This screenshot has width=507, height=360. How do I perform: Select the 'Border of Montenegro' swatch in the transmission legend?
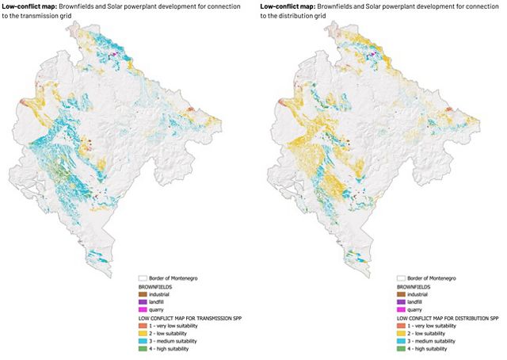143,279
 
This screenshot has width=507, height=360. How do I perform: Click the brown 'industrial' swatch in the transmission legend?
143,295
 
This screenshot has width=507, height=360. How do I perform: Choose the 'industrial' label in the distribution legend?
420,295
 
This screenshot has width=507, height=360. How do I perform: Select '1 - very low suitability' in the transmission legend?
181,326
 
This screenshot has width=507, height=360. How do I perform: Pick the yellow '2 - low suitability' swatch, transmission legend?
143,334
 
